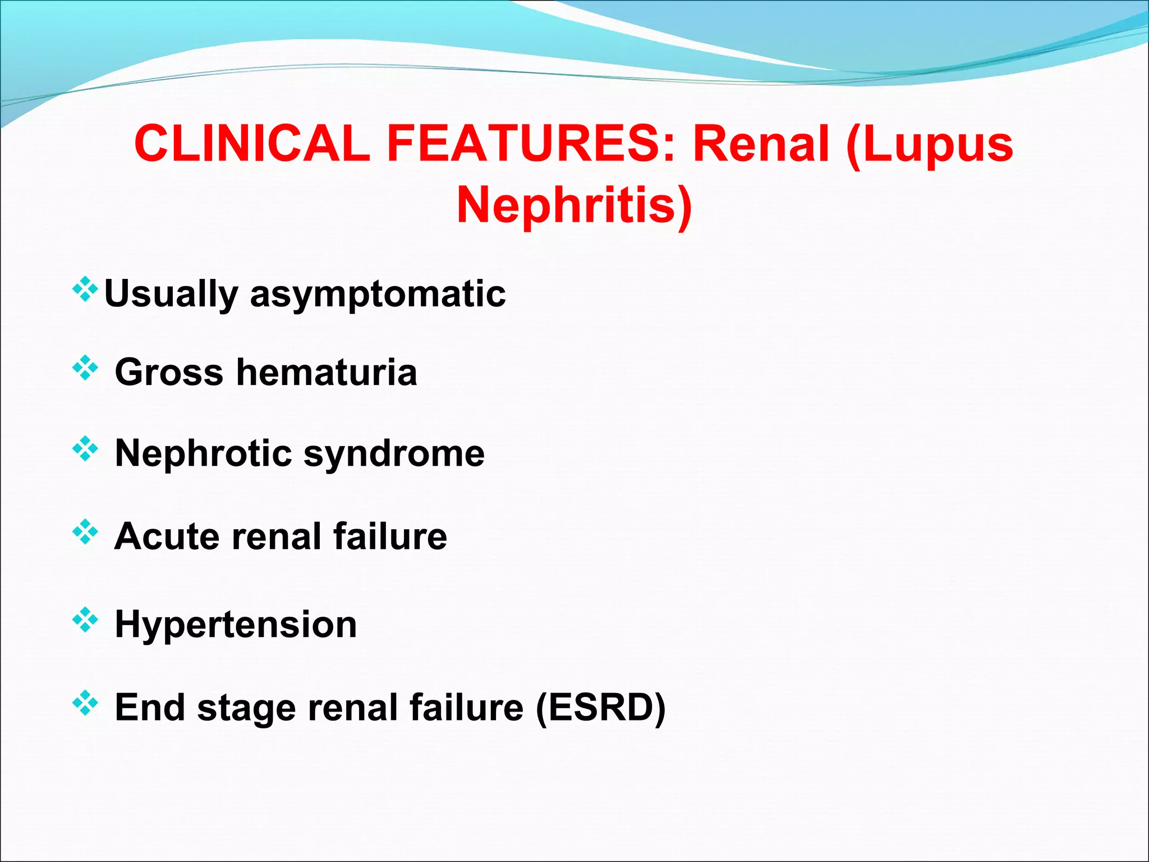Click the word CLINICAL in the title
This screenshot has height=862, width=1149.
click(x=252, y=144)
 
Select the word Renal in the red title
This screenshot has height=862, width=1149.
click(x=761, y=144)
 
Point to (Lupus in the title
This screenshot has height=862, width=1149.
click(x=929, y=145)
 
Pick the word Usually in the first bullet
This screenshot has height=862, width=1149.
click(x=171, y=294)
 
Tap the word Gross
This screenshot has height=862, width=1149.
click(x=169, y=372)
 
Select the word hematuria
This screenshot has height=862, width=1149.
click(x=327, y=372)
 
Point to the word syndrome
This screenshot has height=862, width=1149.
click(x=394, y=454)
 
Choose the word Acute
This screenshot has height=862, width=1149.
click(x=166, y=536)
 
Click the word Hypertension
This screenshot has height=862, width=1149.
click(x=236, y=625)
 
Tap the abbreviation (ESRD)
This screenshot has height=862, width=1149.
click(x=601, y=707)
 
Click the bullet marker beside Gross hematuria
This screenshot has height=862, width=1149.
click(x=85, y=368)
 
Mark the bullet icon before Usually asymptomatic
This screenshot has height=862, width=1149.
click(x=85, y=289)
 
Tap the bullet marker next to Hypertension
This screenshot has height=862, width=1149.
click(x=85, y=620)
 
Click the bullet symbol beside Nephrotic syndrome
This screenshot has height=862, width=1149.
click(x=85, y=449)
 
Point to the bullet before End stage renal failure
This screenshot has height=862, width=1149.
click(x=85, y=703)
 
